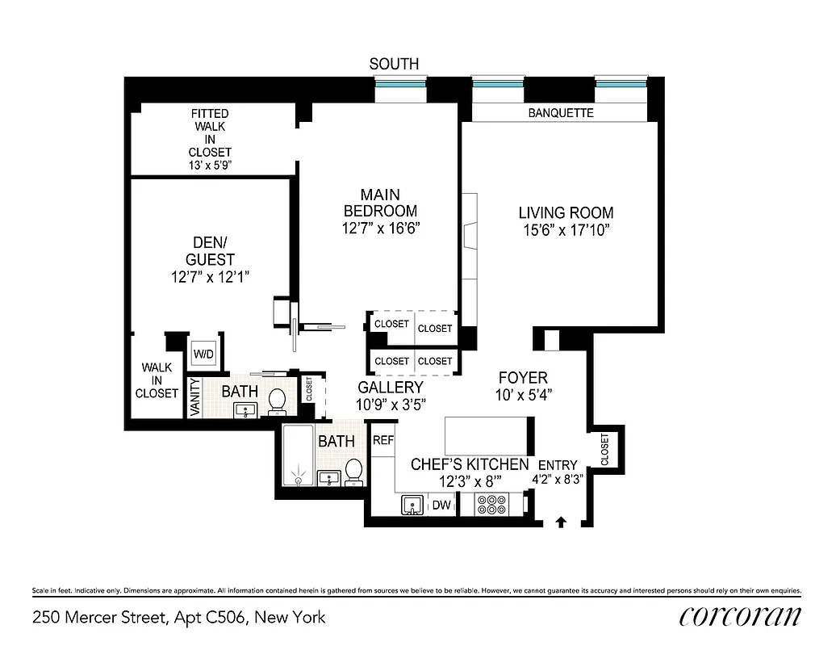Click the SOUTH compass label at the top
coord(394,64)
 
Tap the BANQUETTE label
coord(561,113)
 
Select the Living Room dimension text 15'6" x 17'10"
coord(566,231)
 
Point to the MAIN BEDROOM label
coord(380,203)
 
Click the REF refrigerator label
coord(382,441)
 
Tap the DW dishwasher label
coord(441,505)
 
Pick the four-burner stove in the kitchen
coord(490,505)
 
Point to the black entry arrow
coord(561,523)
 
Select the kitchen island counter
coord(487,435)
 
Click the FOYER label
coord(523,378)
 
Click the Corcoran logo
coord(740,616)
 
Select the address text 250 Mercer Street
coord(179,618)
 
